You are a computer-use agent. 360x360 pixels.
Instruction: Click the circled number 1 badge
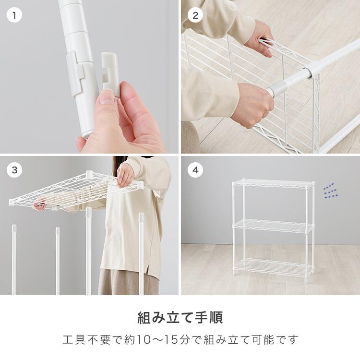(14, 15)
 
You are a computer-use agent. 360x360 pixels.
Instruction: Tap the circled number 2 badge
(195, 15)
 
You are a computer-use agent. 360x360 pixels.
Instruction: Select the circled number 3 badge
(14, 170)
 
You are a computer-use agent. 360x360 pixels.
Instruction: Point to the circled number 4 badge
(195, 170)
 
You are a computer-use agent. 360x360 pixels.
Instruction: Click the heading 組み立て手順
(180, 318)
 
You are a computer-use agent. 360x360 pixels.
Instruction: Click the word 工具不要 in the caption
(86, 340)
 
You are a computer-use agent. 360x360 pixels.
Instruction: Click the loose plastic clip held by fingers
(111, 73)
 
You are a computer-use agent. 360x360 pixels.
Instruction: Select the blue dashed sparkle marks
(330, 191)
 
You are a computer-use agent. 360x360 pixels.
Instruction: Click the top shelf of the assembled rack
(273, 183)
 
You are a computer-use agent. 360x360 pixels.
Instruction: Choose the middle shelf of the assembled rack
(273, 226)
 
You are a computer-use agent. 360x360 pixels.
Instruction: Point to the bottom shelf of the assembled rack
(273, 267)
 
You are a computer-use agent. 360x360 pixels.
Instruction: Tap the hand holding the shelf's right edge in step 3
(125, 175)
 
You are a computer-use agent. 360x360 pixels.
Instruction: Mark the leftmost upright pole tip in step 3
(14, 228)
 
